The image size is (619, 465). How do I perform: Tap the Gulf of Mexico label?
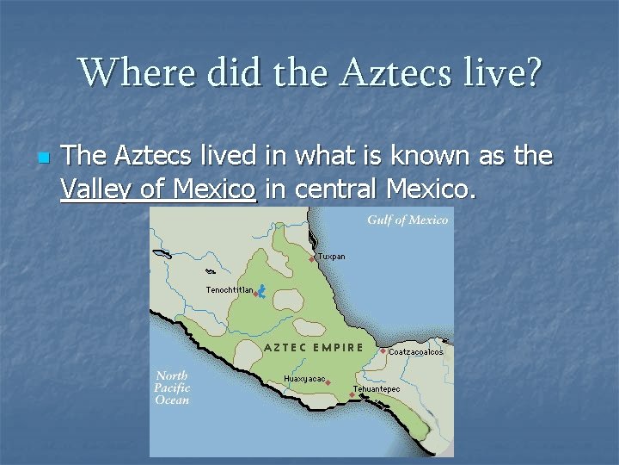[x=408, y=220]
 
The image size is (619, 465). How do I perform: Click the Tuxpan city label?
[x=332, y=257]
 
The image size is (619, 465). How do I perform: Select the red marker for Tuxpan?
[x=312, y=258]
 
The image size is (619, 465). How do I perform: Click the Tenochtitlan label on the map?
[x=229, y=290]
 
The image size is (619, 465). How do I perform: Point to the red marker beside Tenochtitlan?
[x=255, y=294]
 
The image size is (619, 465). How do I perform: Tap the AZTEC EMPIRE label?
[x=313, y=348]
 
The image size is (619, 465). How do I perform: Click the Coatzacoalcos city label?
[x=416, y=352]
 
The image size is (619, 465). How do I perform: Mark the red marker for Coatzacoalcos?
[x=383, y=350]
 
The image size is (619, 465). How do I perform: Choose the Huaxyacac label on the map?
[x=304, y=379]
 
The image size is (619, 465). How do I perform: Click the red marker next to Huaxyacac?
[x=328, y=381]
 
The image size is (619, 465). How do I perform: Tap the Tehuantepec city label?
[x=377, y=389]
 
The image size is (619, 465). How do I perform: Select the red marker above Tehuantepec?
[x=352, y=385]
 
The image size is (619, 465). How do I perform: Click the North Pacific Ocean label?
[x=172, y=387]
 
